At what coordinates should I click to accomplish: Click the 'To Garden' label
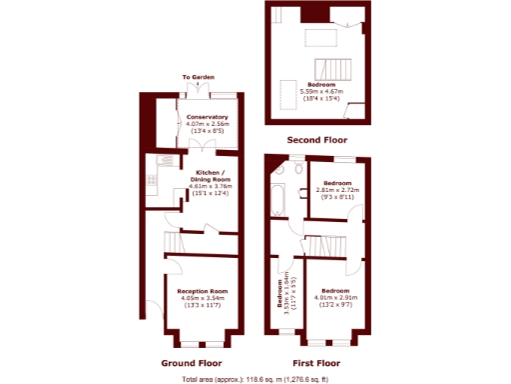(x=197, y=77)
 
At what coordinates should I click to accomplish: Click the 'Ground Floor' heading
(x=191, y=363)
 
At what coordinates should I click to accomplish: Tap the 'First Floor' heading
(x=315, y=363)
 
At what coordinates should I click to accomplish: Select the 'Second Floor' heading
(x=317, y=140)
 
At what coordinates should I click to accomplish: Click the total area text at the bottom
(x=255, y=380)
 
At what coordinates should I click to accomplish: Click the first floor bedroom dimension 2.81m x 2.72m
(x=335, y=190)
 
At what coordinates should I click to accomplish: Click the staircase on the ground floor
(x=177, y=241)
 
